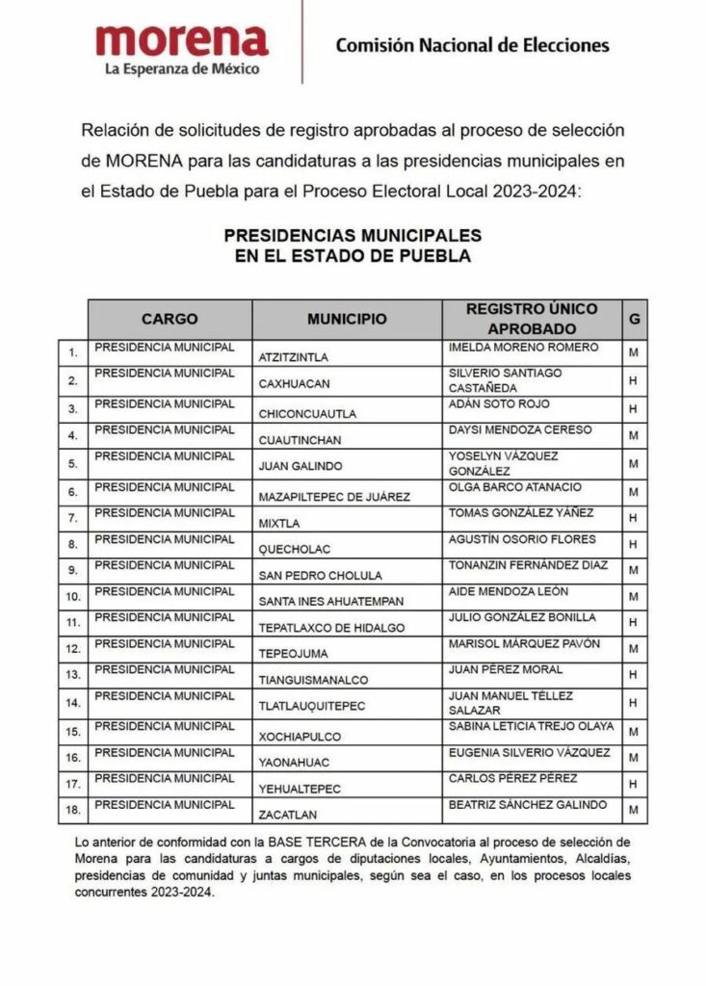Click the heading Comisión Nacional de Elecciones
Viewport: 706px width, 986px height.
click(472, 44)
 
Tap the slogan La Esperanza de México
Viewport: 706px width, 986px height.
click(182, 69)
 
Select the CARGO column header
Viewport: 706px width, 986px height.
click(170, 319)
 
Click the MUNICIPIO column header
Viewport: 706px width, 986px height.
click(347, 319)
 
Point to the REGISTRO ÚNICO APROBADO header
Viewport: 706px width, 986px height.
click(531, 319)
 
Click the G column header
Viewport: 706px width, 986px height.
click(634, 319)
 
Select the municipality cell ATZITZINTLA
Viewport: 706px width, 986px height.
click(297, 356)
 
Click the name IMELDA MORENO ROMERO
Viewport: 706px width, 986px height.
click(524, 347)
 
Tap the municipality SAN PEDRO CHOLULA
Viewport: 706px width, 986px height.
click(320, 576)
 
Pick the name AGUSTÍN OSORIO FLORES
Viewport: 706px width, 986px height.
click(522, 539)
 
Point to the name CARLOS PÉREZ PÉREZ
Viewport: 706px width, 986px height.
click(513, 778)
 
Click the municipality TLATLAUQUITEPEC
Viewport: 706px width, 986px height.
click(312, 706)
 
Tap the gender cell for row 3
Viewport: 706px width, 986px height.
click(634, 409)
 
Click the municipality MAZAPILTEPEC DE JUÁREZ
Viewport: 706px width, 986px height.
click(334, 497)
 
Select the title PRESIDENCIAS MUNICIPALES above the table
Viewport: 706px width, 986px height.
click(353, 235)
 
